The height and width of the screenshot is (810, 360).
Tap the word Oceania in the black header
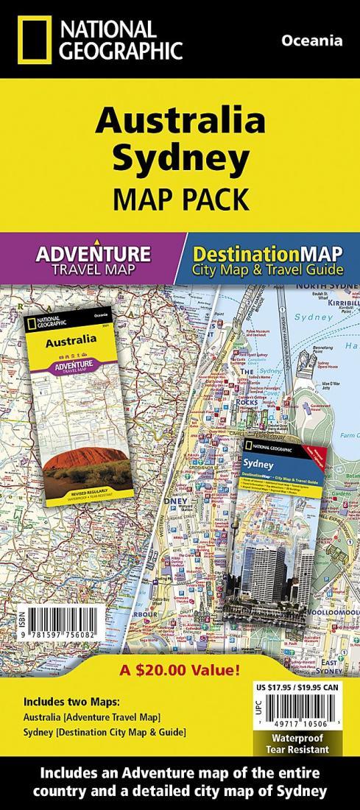[x=311, y=41]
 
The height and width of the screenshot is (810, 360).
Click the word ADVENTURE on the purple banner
[x=93, y=255]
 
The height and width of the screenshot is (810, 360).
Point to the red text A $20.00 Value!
[x=180, y=672]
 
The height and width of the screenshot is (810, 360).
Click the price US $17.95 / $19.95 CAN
[x=301, y=688]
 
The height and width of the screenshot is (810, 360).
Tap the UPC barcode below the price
[x=302, y=722]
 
